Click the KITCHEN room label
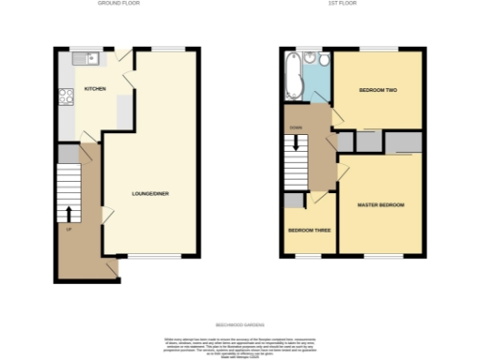(x=95, y=89)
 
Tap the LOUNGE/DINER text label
(x=150, y=194)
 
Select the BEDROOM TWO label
(x=379, y=90)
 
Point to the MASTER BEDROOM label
(x=380, y=204)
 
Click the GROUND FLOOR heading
(x=118, y=4)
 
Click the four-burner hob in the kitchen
(x=67, y=96)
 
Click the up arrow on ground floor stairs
(x=71, y=213)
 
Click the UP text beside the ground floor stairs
(x=68, y=228)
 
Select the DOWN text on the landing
(x=295, y=127)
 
